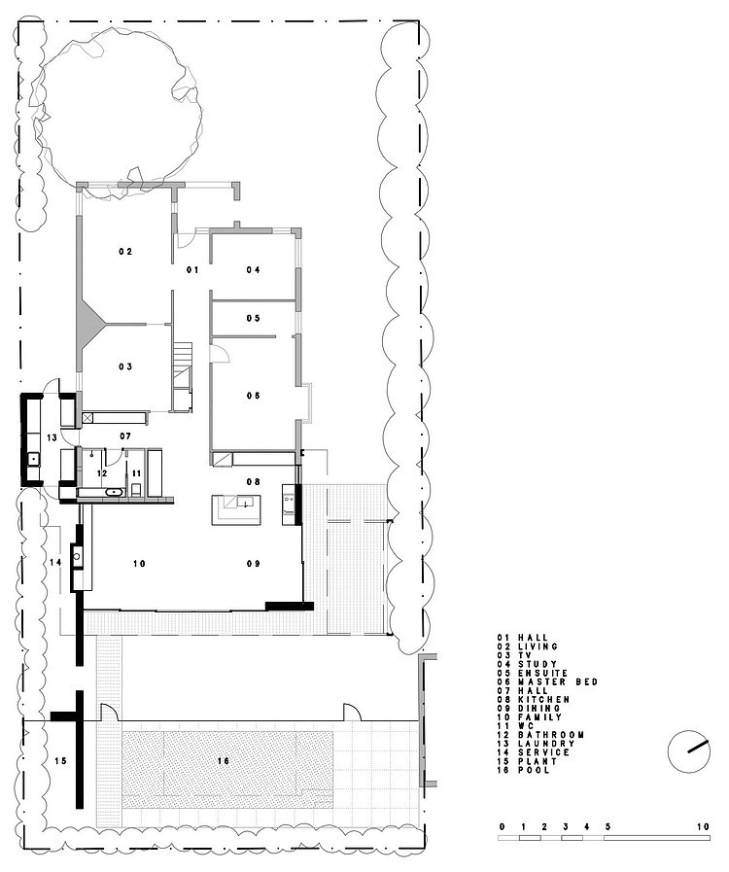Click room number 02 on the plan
(x=125, y=252)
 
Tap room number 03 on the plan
(x=125, y=366)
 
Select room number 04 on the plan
(x=254, y=269)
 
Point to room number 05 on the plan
(x=254, y=318)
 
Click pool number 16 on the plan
(x=224, y=761)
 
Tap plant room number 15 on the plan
(x=60, y=761)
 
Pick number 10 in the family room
(x=139, y=564)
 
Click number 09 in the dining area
(x=254, y=564)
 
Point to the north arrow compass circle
(x=689, y=750)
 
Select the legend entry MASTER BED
(x=558, y=681)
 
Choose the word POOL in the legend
(x=534, y=770)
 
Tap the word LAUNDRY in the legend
(x=546, y=744)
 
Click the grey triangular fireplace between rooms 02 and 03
(x=89, y=323)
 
